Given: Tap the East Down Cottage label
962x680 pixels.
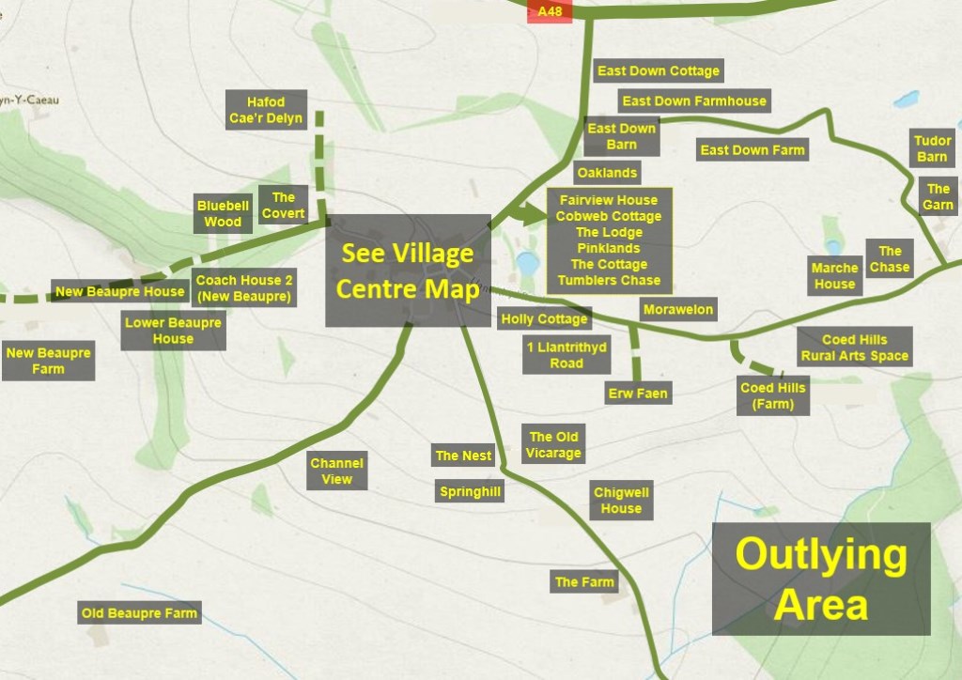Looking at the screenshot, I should [x=658, y=71].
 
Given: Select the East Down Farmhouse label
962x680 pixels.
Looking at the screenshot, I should [x=694, y=101].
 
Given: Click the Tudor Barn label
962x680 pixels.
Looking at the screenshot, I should [x=932, y=148].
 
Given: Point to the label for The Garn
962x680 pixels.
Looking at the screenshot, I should [x=938, y=197].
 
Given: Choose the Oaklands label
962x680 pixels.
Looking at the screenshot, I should [x=607, y=173].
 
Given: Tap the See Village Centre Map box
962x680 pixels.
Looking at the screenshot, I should [x=408, y=270].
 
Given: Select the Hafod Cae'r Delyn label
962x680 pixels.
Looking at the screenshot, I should [x=266, y=111].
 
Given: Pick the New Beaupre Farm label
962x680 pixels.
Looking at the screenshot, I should [x=48, y=362].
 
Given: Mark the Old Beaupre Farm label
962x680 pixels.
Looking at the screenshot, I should [x=139, y=613].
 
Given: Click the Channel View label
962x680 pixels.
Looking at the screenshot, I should [x=336, y=471].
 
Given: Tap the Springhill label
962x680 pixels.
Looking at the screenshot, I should [x=470, y=491].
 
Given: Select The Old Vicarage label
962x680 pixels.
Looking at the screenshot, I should [x=554, y=444].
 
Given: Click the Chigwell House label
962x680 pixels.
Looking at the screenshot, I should [x=621, y=501].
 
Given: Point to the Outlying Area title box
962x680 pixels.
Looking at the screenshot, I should [x=820, y=579].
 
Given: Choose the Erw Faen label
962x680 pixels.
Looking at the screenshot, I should [x=638, y=394].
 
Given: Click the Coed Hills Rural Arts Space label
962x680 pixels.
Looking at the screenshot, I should [x=854, y=348].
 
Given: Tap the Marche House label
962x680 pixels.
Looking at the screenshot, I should [x=834, y=276].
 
